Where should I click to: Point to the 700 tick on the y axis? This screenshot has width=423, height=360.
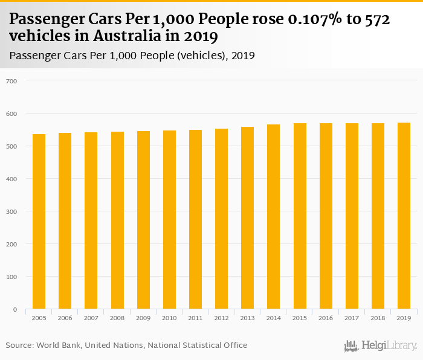(11, 81)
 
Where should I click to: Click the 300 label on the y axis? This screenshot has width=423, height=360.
(11, 211)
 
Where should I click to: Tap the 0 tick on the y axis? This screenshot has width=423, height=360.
(15, 309)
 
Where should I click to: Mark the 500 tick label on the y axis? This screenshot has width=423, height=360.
(11, 146)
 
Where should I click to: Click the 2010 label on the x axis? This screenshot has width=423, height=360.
(169, 318)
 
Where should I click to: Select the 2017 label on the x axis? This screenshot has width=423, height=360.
(352, 318)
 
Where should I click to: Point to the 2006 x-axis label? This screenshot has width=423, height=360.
(65, 318)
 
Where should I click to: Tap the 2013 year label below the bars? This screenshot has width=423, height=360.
(247, 318)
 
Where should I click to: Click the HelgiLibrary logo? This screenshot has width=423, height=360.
(381, 346)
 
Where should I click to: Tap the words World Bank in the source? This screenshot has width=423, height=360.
(58, 346)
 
